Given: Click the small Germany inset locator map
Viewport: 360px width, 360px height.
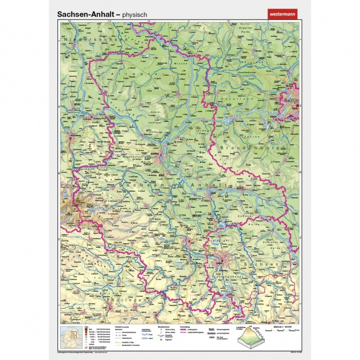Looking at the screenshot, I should click(71, 333).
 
